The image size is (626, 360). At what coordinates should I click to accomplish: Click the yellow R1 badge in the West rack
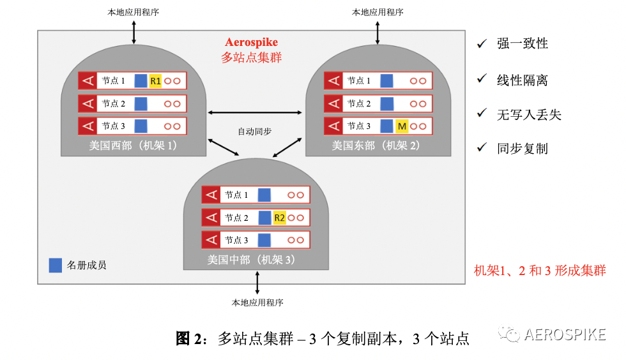[155, 81]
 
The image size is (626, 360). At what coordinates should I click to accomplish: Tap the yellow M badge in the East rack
[402, 126]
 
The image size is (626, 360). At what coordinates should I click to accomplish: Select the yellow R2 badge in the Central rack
[279, 218]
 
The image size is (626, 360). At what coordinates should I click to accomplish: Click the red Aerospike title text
[252, 42]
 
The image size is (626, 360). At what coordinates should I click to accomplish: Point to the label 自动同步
[254, 131]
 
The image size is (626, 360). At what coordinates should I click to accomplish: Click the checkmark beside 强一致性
[482, 43]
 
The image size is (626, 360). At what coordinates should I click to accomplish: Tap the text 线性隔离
[522, 80]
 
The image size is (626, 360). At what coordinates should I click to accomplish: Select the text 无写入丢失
[528, 115]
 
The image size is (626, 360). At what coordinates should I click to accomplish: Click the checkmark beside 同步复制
[482, 148]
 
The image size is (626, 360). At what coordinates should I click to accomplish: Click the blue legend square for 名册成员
[56, 265]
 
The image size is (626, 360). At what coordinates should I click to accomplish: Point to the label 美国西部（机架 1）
[134, 146]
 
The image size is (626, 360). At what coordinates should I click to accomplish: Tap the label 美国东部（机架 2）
[377, 146]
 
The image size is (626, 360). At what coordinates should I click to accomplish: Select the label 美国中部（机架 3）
[251, 259]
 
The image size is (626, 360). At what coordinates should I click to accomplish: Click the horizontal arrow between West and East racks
[255, 112]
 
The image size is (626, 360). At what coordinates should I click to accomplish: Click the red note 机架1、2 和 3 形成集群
[539, 271]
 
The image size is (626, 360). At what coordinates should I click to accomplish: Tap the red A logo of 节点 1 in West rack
[88, 81]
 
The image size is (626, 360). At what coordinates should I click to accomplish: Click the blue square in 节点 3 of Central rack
[264, 240]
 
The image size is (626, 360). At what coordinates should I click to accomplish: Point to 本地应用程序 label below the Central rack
[257, 302]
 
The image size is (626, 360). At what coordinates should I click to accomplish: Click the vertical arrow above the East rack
[378, 31]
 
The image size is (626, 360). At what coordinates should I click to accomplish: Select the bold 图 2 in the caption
[188, 338]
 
